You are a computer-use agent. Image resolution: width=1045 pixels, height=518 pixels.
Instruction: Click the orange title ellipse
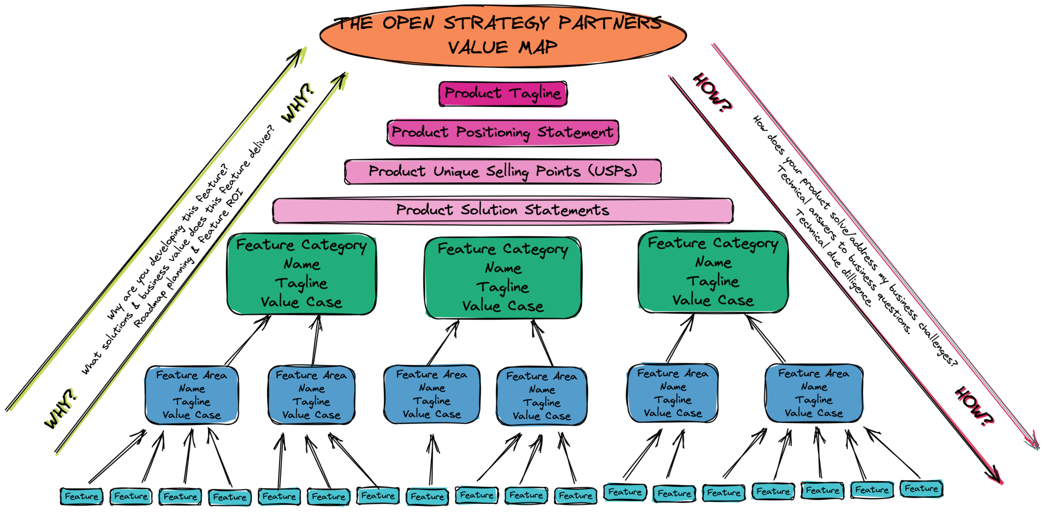503,35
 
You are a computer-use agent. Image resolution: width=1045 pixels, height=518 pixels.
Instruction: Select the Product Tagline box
503,94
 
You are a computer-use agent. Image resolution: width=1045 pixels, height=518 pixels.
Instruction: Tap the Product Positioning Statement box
503,132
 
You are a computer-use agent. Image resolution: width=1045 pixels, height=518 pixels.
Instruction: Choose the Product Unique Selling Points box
503,171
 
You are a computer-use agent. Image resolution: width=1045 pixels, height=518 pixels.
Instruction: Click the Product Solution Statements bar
502,211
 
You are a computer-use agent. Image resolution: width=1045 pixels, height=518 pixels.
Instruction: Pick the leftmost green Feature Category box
302,274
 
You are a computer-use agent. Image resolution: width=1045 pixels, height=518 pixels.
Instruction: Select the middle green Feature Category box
503,277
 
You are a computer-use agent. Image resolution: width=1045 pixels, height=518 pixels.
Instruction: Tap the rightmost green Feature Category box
713,272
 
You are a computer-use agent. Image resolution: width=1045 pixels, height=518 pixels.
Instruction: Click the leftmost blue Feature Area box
192,395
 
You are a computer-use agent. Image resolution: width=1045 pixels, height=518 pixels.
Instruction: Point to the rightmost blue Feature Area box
814,393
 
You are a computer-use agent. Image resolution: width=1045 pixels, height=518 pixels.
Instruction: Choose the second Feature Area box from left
311,395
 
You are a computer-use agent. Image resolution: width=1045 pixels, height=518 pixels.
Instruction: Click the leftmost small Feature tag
82,496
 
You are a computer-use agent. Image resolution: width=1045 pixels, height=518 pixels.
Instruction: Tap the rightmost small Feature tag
921,489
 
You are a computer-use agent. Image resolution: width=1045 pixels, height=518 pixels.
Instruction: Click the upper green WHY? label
299,102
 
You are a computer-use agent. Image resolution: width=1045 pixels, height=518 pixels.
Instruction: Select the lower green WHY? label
62,407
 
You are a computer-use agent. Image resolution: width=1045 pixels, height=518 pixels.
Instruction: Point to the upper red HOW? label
713,93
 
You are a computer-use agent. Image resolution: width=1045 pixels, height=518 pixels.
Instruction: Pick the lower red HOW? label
976,406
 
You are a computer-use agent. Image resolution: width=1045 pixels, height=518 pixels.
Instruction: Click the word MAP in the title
538,48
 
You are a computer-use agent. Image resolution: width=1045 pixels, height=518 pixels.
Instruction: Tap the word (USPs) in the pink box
612,171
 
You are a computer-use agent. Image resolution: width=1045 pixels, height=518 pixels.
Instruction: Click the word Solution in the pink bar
489,211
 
